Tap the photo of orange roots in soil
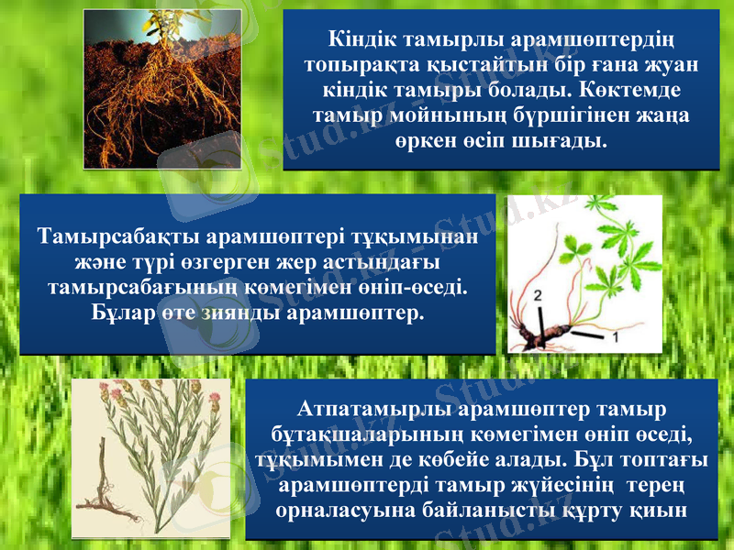tap(163, 89)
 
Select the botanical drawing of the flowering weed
tap(151, 458)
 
